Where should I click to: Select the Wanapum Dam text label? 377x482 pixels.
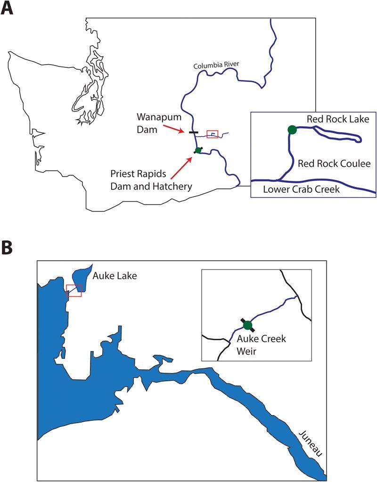tap(149, 121)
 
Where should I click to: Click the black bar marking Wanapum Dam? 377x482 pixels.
tap(193, 132)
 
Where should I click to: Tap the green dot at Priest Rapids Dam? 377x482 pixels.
tap(198, 150)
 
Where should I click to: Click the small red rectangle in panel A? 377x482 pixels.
tap(213, 134)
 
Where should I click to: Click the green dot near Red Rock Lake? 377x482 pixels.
tap(292, 129)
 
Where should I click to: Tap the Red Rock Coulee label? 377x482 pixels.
tap(334, 163)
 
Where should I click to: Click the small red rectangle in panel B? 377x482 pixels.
tap(74, 291)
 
